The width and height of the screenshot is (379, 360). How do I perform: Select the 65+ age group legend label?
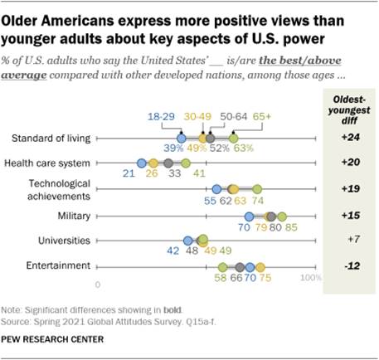pos(263,119)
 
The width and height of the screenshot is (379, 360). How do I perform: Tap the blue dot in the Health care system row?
pos(142,163)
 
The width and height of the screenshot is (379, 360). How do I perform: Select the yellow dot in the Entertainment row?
pos(260,266)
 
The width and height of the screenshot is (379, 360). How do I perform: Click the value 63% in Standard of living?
pos(242,148)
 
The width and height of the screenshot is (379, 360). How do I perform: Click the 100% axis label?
pos(309,283)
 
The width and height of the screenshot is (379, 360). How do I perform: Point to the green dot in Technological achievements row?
pos(256,188)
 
